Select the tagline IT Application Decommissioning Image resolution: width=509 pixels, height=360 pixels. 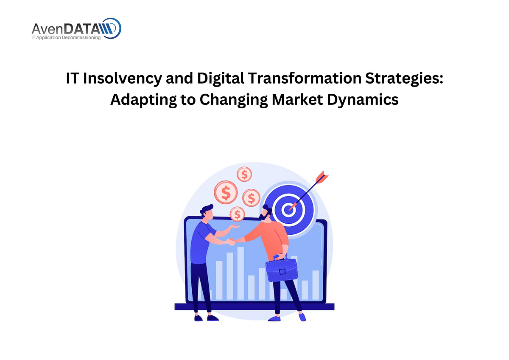[66, 37]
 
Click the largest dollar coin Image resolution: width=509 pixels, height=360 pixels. [226, 193]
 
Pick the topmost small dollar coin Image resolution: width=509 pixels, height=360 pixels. [244, 174]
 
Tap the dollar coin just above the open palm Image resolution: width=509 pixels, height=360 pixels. [237, 213]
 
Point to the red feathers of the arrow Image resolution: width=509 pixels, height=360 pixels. [322, 177]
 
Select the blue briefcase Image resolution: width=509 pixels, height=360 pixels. [281, 270]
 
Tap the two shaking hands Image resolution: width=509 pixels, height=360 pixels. [231, 241]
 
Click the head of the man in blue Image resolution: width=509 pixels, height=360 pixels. [207, 212]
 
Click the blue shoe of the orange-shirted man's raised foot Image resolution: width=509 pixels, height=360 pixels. [302, 317]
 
